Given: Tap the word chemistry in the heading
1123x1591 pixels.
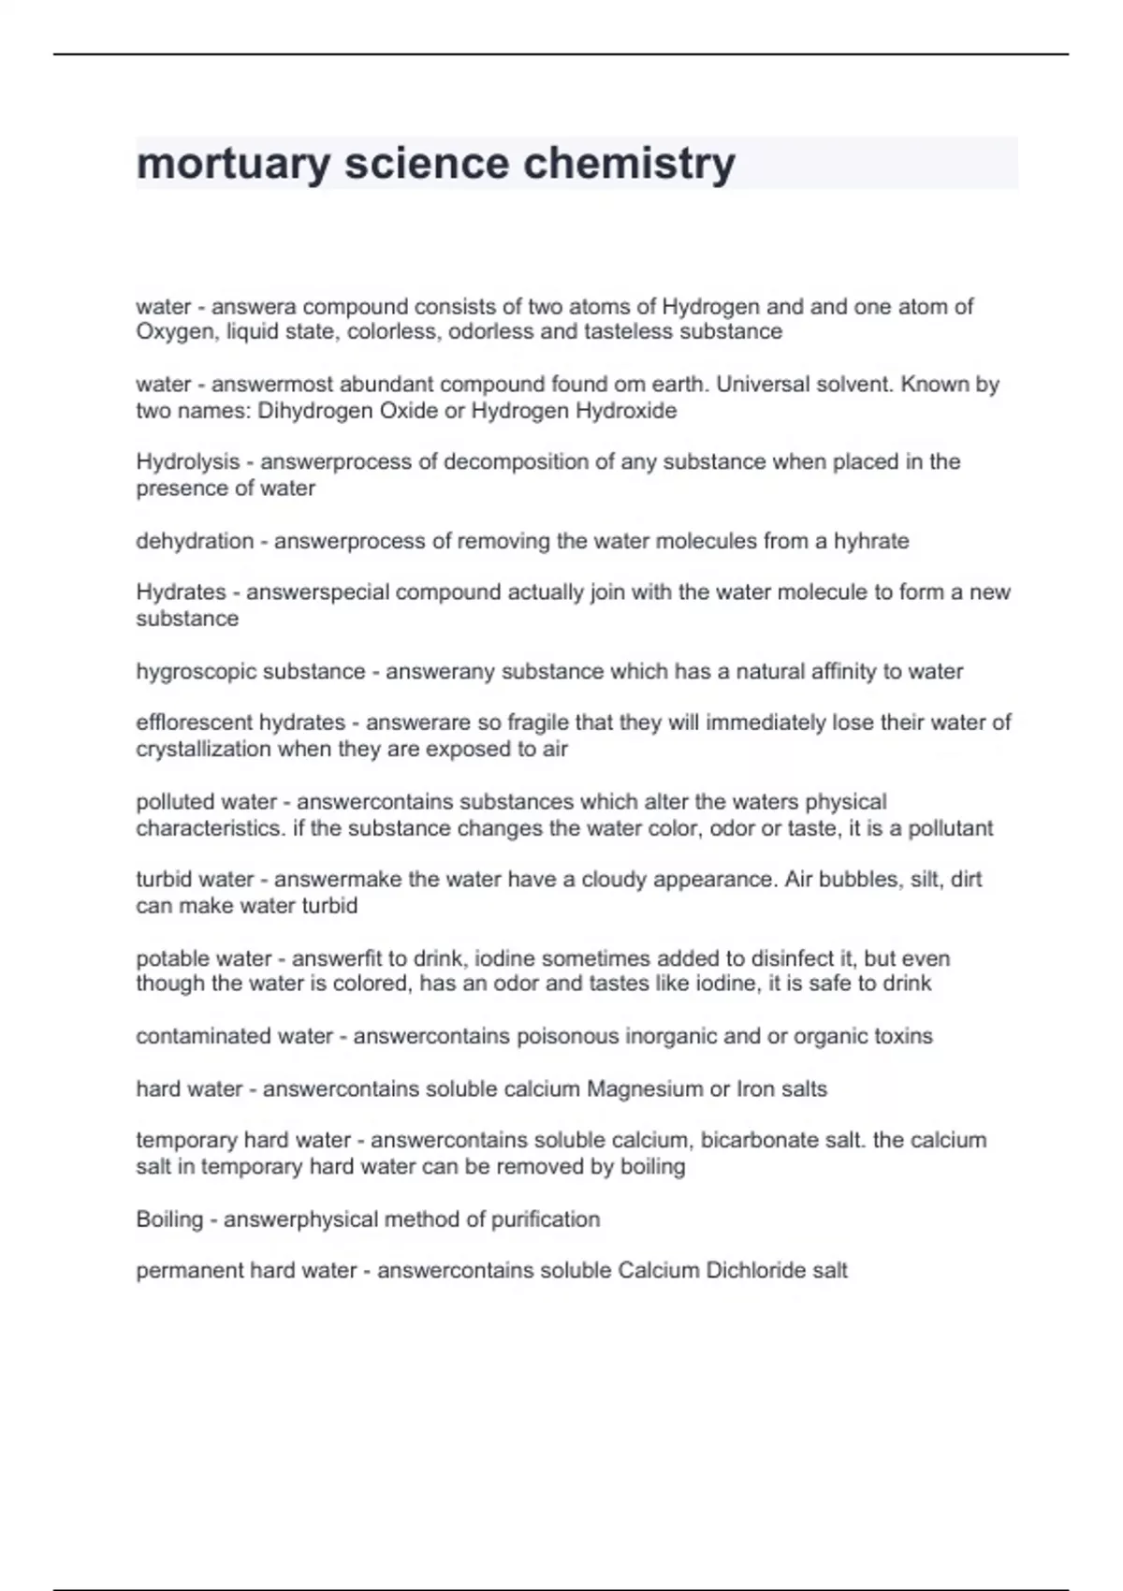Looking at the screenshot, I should click(629, 164).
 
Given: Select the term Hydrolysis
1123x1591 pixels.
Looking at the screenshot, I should click(188, 462).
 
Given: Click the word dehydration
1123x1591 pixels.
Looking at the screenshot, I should click(195, 541).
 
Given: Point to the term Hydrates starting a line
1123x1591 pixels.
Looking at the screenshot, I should click(181, 592).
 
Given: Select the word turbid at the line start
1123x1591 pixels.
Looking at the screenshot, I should click(165, 880).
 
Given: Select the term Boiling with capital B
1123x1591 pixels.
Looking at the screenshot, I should click(169, 1219).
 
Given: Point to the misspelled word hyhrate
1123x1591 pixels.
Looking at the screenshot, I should click(871, 541).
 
